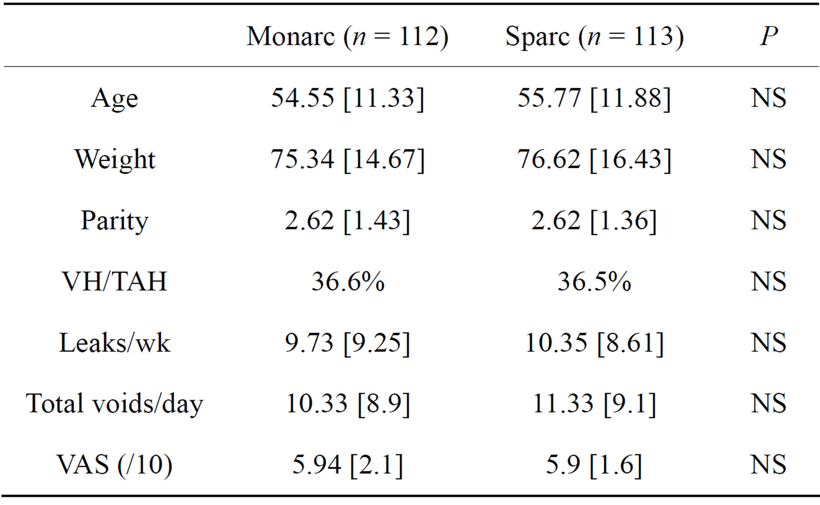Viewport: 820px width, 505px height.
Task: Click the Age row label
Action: point(114,98)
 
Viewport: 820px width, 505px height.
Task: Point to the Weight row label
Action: point(114,159)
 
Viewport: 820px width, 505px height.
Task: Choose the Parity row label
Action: point(114,220)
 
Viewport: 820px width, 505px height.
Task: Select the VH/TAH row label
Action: point(114,282)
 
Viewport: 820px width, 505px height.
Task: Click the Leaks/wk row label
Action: point(114,343)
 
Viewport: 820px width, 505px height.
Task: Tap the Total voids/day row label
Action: point(114,404)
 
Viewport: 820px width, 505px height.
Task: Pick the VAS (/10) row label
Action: point(114,465)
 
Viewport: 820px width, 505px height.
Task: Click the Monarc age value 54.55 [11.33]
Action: point(347,98)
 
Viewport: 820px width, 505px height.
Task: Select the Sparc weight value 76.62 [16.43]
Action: point(594,159)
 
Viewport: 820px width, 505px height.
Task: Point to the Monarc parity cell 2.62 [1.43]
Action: point(347,220)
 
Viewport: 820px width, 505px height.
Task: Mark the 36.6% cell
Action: point(347,282)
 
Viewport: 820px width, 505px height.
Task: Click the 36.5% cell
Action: point(594,282)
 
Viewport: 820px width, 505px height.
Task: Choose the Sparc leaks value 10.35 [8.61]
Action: point(594,343)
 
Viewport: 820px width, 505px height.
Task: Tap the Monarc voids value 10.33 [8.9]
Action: point(347,404)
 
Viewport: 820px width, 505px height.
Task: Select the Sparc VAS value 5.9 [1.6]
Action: point(594,465)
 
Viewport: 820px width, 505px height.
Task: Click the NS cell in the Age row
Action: point(768,98)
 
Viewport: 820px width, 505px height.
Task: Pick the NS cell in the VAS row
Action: point(768,465)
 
